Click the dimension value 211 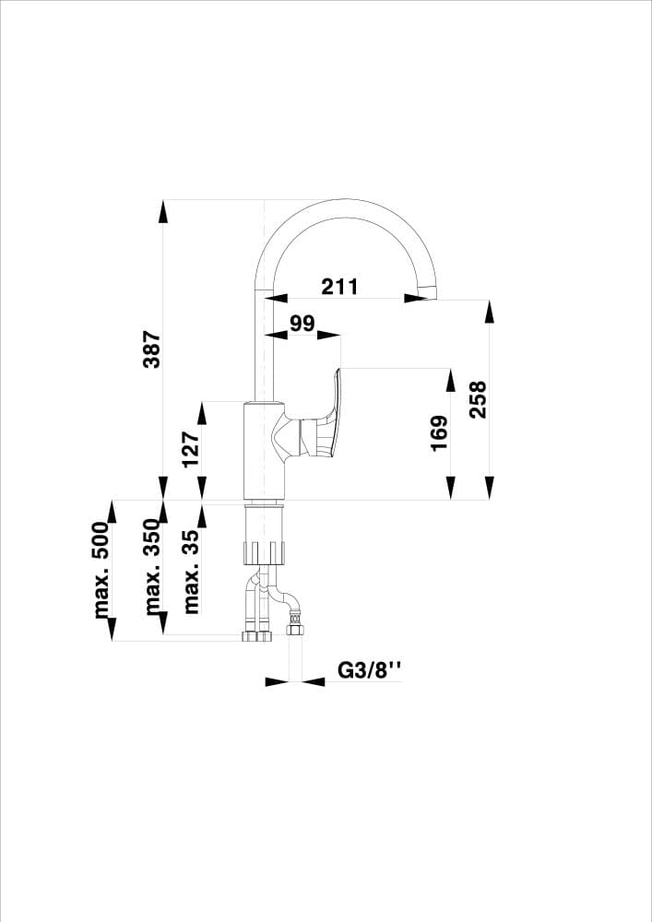tap(339, 286)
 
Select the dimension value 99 tap(302, 323)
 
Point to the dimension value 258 tap(477, 399)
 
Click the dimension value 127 tap(190, 450)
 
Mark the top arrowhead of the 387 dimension tap(163, 210)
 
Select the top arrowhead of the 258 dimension tap(490, 311)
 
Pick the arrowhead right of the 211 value tap(411, 299)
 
